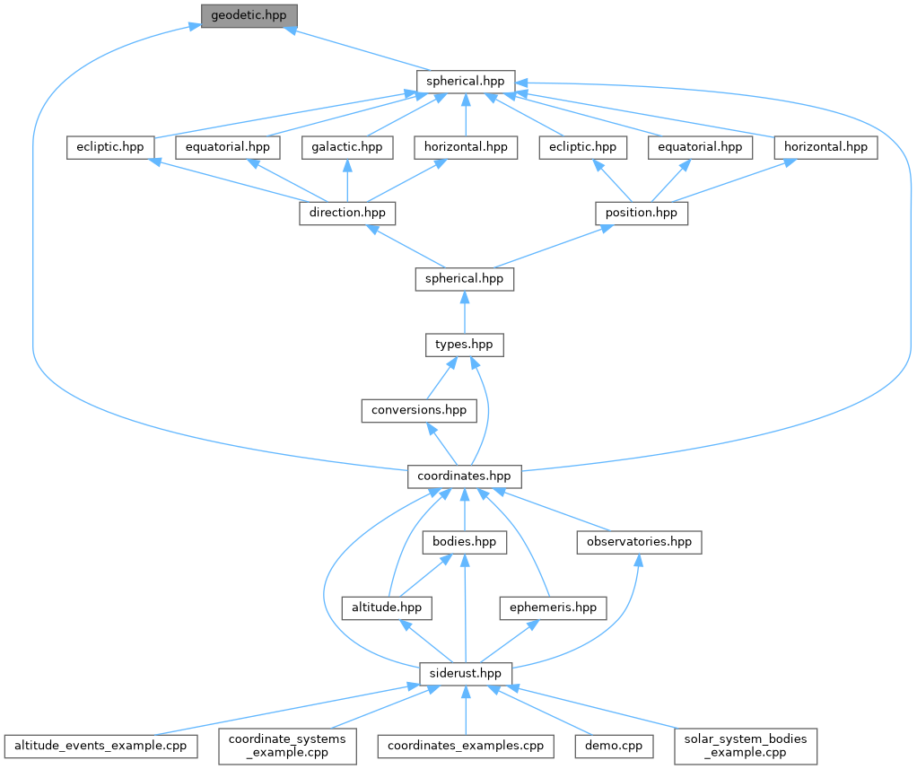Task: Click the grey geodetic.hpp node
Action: point(249,16)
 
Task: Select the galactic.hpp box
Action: point(346,147)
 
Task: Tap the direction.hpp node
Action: point(346,214)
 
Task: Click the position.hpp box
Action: point(642,214)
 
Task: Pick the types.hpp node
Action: point(464,345)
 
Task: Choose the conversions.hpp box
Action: point(418,410)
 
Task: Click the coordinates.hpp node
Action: point(464,476)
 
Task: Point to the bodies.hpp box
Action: point(464,542)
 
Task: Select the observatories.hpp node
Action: point(639,542)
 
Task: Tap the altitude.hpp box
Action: point(386,607)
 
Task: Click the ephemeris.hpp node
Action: point(553,607)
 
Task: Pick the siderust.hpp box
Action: point(466,673)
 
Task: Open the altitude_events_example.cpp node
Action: point(101,745)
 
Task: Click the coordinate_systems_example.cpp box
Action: point(288,745)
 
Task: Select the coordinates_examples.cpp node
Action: point(465,745)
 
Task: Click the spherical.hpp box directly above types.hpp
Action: point(464,279)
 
